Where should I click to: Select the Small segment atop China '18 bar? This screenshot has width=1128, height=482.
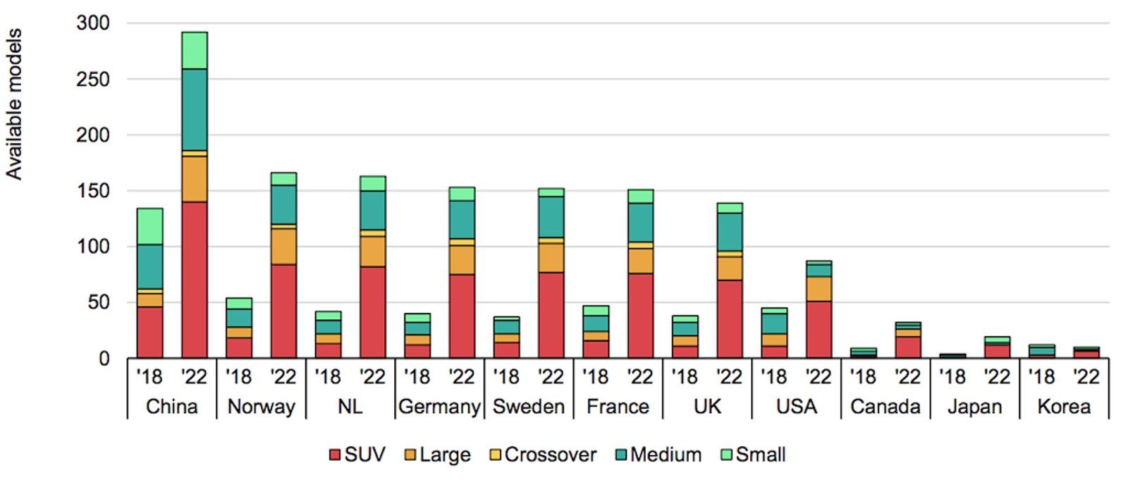click(149, 226)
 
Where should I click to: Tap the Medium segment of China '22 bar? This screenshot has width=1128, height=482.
click(194, 109)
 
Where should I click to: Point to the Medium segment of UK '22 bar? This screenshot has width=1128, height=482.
click(730, 232)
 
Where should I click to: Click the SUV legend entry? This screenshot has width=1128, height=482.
click(357, 455)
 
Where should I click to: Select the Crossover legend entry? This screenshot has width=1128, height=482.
click(543, 455)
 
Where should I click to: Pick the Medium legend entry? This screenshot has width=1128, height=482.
click(658, 455)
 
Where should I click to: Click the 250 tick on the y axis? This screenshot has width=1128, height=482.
click(93, 79)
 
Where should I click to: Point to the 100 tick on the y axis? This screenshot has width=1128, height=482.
click(93, 247)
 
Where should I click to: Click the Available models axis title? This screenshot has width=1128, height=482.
click(14, 104)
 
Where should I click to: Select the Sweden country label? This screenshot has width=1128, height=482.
click(529, 407)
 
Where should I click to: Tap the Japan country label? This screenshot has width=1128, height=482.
click(974, 407)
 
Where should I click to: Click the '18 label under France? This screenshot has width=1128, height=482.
click(596, 377)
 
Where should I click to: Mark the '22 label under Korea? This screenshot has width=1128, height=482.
click(1086, 377)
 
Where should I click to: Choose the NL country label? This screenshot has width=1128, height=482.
click(350, 407)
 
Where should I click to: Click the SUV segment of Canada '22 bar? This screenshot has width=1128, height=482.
click(908, 347)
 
